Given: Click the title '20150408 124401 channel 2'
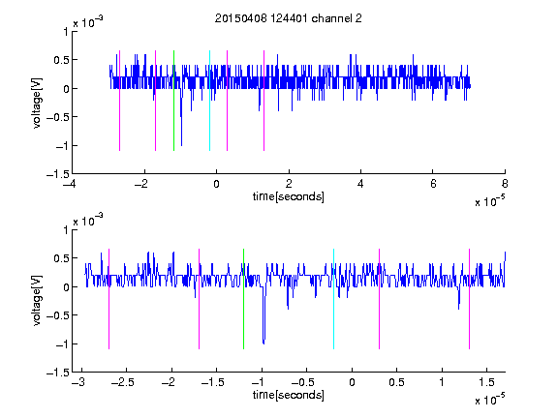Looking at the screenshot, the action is [289, 18].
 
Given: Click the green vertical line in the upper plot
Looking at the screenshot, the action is [173, 101].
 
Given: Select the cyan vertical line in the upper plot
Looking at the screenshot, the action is [209, 101].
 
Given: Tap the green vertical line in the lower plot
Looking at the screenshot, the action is [243, 299].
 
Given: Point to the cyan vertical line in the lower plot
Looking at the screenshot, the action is [333, 299].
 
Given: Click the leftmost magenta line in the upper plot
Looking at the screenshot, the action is [119, 101].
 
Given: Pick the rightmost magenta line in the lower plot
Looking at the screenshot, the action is [469, 299].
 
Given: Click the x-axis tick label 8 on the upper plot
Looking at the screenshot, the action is [505, 184].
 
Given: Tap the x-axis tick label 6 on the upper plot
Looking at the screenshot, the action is [433, 184].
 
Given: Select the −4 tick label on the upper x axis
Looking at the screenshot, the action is [70, 184].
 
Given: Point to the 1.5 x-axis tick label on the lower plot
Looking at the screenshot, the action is [486, 382].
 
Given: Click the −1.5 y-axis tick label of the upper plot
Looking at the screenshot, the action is [58, 174].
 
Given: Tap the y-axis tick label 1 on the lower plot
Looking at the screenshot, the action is [66, 230].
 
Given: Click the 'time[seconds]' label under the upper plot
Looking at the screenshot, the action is [289, 196].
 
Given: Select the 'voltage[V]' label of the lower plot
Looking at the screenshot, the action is [37, 300].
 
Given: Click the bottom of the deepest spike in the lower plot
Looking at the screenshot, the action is [263, 343].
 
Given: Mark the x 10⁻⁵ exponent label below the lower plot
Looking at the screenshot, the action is [489, 400].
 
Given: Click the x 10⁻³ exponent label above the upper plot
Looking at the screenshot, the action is [88, 22].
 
